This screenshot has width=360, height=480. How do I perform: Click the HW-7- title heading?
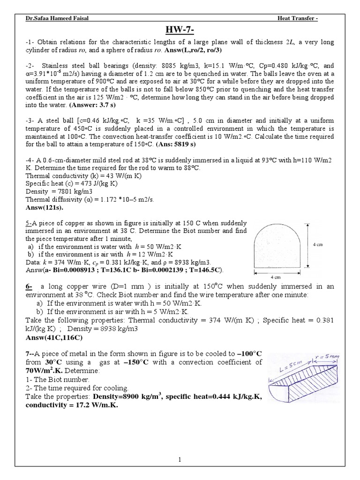[180, 30]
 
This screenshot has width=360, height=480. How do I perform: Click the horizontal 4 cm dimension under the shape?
[276, 277]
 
